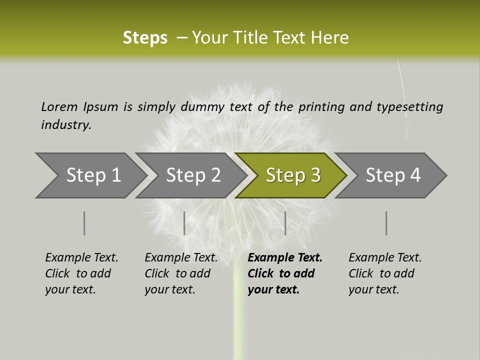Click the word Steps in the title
[x=145, y=38]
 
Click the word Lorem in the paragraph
[x=59, y=106]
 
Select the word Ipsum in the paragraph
[x=100, y=106]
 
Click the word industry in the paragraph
[x=65, y=124]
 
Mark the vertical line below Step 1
[x=84, y=223]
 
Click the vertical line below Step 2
[x=184, y=223]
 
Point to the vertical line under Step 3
[x=285, y=223]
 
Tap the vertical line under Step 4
[x=386, y=223]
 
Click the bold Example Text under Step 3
[x=285, y=258]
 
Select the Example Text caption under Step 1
[x=81, y=258]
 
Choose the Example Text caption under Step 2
[x=181, y=258]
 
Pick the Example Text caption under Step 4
[x=385, y=258]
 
